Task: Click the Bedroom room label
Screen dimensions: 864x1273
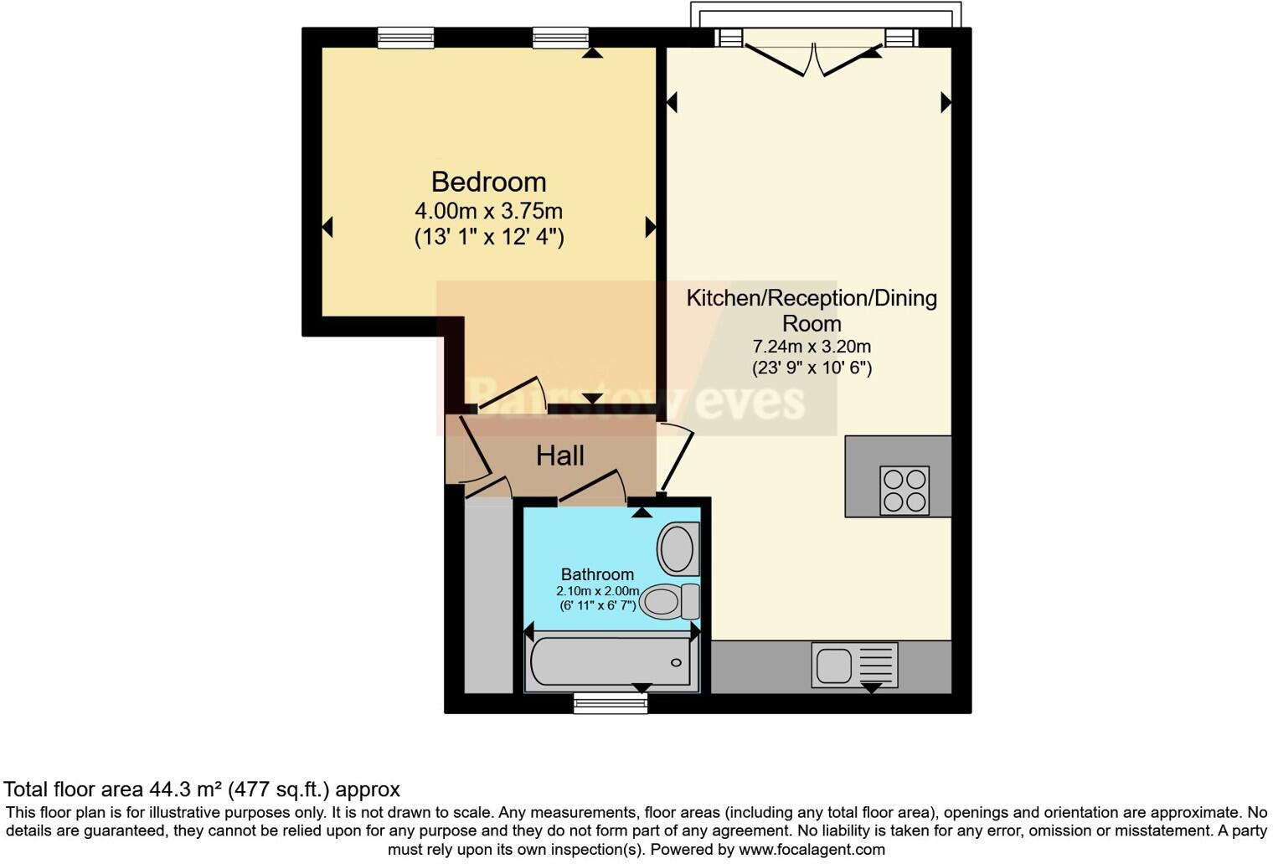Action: click(x=488, y=182)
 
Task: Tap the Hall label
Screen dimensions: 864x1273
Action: click(x=559, y=455)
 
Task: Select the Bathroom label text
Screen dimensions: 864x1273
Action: click(x=597, y=574)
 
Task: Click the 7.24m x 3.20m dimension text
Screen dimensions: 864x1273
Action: click(x=812, y=346)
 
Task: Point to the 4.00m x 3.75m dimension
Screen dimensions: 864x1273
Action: click(x=488, y=210)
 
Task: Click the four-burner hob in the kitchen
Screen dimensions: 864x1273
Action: click(x=904, y=490)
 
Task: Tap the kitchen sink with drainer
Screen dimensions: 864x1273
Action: click(x=854, y=666)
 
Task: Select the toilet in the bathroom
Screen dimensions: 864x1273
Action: click(x=669, y=601)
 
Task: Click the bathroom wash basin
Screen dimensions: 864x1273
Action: click(x=678, y=549)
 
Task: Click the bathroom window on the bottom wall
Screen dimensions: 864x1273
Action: click(x=611, y=703)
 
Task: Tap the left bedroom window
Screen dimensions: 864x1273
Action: click(x=405, y=38)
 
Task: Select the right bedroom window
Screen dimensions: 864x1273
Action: click(x=560, y=38)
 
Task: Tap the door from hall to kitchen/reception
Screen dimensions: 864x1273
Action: click(x=677, y=460)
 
